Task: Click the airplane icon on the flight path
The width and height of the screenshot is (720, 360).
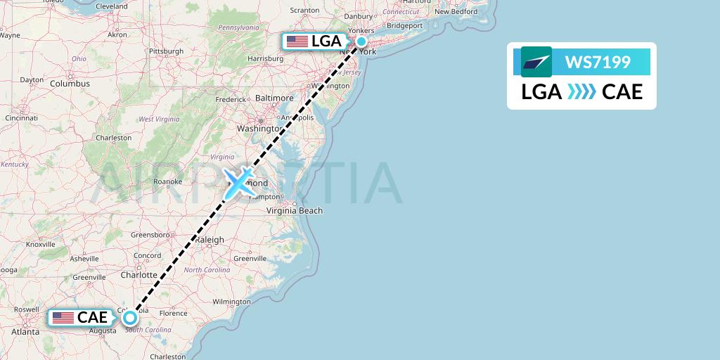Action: [239, 183]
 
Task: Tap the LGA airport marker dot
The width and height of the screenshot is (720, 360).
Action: [361, 41]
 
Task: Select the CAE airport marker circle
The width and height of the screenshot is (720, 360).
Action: [130, 317]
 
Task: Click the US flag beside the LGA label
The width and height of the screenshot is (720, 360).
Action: [297, 41]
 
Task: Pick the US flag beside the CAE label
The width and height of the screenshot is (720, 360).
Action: [63, 318]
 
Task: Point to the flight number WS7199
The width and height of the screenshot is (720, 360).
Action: [598, 62]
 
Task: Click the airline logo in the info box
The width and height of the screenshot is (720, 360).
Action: [536, 62]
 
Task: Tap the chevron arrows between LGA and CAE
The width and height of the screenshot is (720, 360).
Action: [581, 92]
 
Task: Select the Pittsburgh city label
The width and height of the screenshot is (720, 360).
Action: [166, 51]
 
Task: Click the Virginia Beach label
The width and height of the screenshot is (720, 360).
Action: [294, 210]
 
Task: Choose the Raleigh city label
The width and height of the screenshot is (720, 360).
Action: [210, 240]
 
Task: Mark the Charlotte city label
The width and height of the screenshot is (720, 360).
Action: [138, 275]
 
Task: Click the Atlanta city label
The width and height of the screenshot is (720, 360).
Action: [25, 332]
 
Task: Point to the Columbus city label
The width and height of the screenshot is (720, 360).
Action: [70, 84]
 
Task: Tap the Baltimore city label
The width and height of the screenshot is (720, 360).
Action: [274, 98]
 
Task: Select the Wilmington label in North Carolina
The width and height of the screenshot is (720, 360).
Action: [231, 302]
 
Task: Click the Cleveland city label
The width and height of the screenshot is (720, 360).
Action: [112, 6]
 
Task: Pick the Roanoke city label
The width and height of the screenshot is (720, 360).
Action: [168, 181]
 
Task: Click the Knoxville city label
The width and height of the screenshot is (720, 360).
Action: [41, 244]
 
